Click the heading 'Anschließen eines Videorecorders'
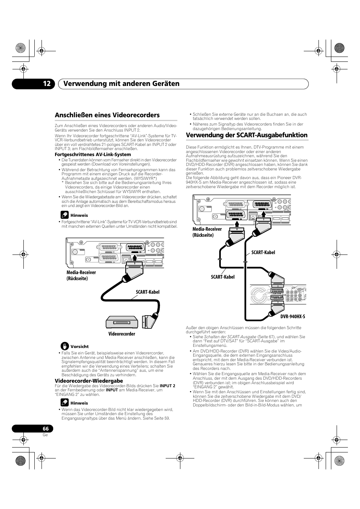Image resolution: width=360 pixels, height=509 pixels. [x=107, y=115]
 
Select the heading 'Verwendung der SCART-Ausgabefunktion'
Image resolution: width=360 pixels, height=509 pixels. [x=246, y=135]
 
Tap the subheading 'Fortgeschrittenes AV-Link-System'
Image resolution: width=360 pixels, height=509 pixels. [x=93, y=155]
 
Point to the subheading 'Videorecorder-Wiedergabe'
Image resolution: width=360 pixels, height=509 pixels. [x=89, y=381]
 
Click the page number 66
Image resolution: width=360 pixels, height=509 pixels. [x=46, y=429]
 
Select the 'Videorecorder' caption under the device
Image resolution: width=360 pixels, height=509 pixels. [x=122, y=334]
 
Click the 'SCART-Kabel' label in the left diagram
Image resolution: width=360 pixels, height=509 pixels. [x=148, y=292]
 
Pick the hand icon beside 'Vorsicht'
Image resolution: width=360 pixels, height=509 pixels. [x=65, y=346]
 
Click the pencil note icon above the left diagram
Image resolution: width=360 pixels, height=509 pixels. [x=65, y=215]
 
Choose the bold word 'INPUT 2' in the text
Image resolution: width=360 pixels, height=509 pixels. [x=167, y=386]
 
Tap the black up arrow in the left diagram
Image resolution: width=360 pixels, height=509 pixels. [x=135, y=259]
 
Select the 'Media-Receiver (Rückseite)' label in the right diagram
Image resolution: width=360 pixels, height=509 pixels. [x=207, y=232]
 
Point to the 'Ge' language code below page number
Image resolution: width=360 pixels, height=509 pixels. [x=45, y=435]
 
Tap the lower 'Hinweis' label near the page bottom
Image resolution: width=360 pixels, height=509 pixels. [x=79, y=403]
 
